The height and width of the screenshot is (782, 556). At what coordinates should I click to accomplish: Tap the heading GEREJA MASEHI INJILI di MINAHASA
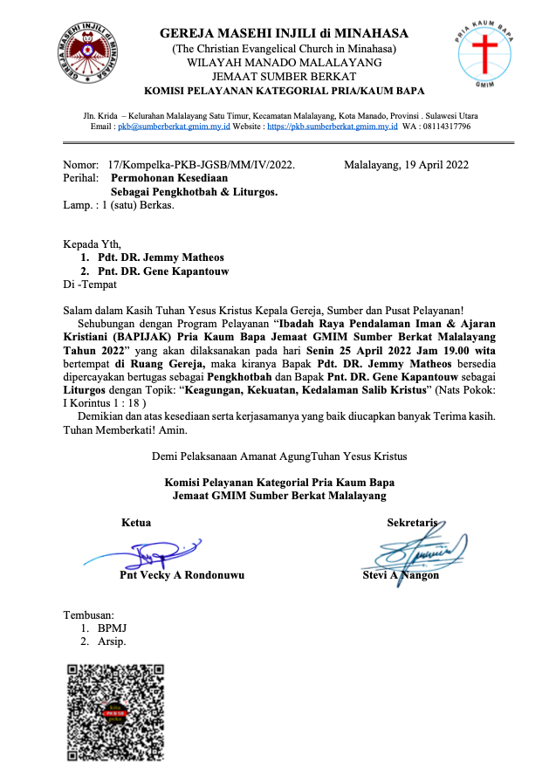pos(284,33)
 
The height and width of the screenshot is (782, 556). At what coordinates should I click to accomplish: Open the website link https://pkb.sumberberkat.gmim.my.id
pos(332,127)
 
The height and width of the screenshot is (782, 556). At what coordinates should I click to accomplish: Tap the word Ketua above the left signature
pos(136,523)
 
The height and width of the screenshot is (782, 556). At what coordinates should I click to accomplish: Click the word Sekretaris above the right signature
pos(412,523)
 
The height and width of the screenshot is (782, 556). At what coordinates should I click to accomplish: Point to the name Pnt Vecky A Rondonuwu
pos(182,575)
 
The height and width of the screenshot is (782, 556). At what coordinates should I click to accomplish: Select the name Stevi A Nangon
pos(401,575)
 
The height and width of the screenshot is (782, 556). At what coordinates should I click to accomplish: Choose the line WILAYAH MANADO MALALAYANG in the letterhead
pos(284,62)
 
